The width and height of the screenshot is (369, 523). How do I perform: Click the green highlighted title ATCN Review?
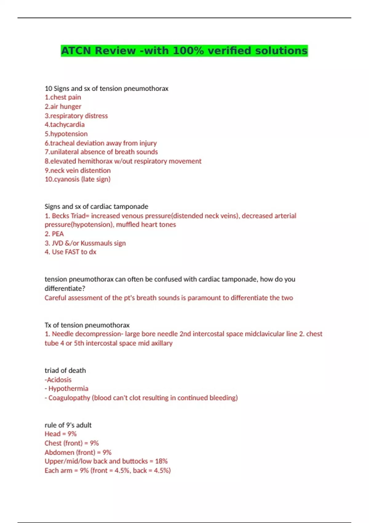(184, 51)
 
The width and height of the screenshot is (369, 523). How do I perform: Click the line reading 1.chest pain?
(63, 97)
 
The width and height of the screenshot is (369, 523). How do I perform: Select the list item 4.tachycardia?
(65, 125)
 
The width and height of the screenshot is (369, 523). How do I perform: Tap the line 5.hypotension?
(66, 134)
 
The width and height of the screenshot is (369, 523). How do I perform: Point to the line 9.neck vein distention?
(78, 170)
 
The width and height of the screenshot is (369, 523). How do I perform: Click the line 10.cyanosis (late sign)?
(77, 179)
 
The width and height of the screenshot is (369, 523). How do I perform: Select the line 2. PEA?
(54, 234)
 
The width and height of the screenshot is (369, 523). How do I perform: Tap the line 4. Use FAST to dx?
(70, 252)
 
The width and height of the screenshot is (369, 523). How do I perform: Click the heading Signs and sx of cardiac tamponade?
(96, 206)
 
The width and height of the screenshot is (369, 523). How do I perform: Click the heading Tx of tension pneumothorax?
(87, 325)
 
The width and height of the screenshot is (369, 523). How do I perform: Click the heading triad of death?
(65, 370)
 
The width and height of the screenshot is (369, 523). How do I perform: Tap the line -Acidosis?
(58, 380)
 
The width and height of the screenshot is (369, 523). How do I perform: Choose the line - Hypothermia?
(66, 389)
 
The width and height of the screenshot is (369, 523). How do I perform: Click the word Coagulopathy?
(69, 398)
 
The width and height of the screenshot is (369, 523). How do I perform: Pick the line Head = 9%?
(61, 434)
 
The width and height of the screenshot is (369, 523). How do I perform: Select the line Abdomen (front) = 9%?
(78, 453)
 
